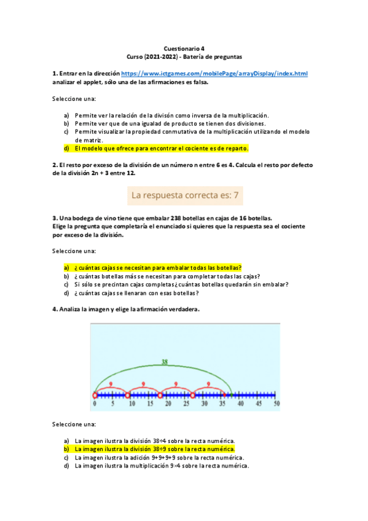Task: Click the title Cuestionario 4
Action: pos(184,47)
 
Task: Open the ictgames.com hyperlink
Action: pos(214,73)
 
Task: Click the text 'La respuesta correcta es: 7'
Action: pos(184,197)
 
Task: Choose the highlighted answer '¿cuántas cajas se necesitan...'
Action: pos(158,268)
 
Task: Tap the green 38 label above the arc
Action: pos(164,362)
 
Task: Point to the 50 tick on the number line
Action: pos(276,405)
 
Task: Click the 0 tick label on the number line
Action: pos(95,405)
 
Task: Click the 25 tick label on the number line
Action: pos(186,405)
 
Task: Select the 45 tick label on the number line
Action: pos(258,405)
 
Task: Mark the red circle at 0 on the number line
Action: pos(95,395)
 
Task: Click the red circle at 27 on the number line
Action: pos(192,395)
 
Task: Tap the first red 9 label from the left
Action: pos(110,385)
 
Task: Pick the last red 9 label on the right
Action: pos(208,385)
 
